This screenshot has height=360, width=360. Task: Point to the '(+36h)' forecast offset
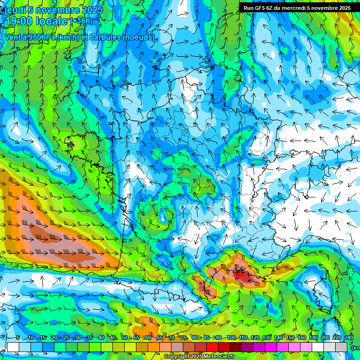(x=81, y=21)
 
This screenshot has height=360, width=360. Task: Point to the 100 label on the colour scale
(x=231, y=337)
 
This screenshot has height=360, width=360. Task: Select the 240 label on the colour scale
(x=348, y=337)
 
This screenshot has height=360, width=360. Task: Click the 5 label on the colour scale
(x=18, y=337)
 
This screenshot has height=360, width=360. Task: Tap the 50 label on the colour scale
(x=125, y=337)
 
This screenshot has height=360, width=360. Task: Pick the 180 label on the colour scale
(x=313, y=337)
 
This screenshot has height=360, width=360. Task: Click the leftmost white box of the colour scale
(x=13, y=347)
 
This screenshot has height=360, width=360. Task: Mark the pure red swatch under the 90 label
(x=212, y=347)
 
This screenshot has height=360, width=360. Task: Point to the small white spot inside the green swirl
(x=163, y=218)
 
